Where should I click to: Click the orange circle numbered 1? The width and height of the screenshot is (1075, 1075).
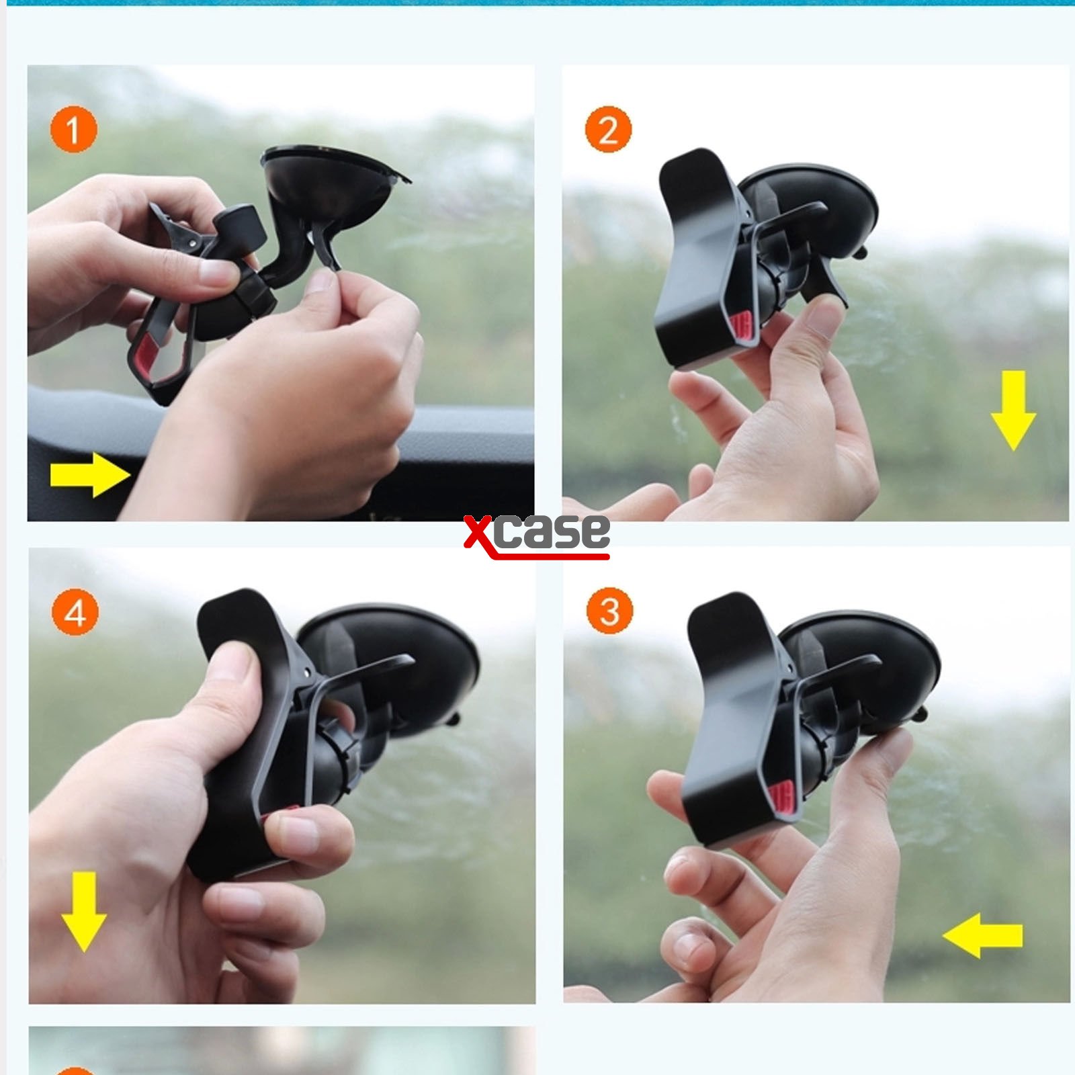click(73, 130)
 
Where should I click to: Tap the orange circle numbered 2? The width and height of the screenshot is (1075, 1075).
click(608, 129)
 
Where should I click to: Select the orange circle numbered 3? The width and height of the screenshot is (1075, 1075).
click(609, 611)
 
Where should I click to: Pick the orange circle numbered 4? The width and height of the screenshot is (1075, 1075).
click(75, 612)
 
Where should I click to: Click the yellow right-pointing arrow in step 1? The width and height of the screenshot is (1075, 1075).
click(90, 475)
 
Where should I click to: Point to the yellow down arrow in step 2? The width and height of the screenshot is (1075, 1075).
click(1013, 410)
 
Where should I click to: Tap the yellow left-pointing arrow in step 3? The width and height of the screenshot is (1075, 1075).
click(982, 935)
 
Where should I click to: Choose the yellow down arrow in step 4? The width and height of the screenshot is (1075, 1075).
click(84, 912)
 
